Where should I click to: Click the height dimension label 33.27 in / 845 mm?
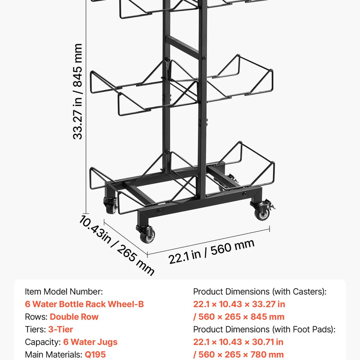pyautogui.click(x=77, y=91)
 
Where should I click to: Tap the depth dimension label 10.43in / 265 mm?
pyautogui.click(x=117, y=245)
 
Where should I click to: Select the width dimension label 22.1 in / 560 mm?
pyautogui.click(x=211, y=252)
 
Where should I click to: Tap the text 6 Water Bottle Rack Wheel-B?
pyautogui.click(x=84, y=304)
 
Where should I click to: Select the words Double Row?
pyautogui.click(x=74, y=317)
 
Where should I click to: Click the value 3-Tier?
pyautogui.click(x=61, y=329)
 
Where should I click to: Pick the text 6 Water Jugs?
pyautogui.click(x=90, y=342)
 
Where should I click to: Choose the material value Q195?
pyautogui.click(x=95, y=355)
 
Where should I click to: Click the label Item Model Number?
pyautogui.click(x=64, y=292)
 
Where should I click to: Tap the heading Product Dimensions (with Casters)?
pyautogui.click(x=260, y=292)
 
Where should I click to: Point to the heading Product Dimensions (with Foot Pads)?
pyautogui.click(x=264, y=329)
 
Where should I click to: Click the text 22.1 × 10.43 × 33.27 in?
pyautogui.click(x=239, y=304)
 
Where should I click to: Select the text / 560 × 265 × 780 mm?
pyautogui.click(x=238, y=355)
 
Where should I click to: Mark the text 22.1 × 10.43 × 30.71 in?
pyautogui.click(x=238, y=342)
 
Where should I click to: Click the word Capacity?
pyautogui.click(x=43, y=342)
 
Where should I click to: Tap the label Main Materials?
pyautogui.click(x=54, y=355)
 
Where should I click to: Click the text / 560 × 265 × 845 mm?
pyautogui.click(x=239, y=317)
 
